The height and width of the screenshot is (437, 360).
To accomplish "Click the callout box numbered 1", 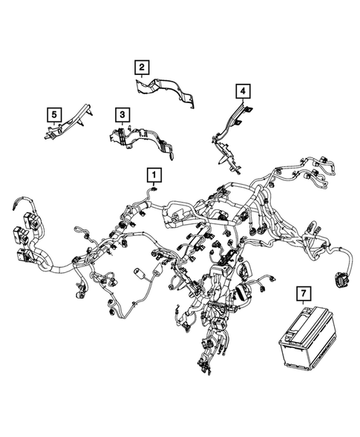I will click(154, 175).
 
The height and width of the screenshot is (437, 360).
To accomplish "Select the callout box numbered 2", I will click(141, 68).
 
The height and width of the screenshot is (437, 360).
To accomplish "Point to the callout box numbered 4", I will click(242, 91).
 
